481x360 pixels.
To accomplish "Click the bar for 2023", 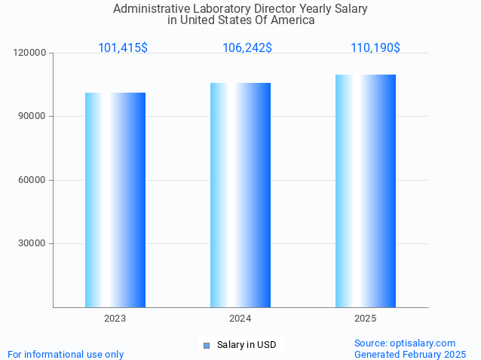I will point(115,200).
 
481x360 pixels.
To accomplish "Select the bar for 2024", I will point(240,195).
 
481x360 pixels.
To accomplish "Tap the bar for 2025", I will point(365,191).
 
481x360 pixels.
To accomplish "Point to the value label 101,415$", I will point(122,48).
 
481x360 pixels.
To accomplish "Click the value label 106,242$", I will point(247,48).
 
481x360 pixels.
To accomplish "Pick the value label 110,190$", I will point(375,48).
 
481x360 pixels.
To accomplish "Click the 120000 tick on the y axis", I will point(30,53).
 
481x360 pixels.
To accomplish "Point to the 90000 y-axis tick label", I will point(32,117).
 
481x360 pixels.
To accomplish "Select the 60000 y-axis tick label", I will point(32,180).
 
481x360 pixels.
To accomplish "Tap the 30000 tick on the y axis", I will point(32,243).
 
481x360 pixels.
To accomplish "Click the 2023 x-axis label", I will point(115,319).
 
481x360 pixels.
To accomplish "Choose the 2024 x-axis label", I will point(240,319).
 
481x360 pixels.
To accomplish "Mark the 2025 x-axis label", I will point(365,319).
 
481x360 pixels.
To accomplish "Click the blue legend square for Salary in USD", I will point(206,346).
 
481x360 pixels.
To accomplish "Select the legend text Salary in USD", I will point(247,345).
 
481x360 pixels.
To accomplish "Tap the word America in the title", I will point(293,20).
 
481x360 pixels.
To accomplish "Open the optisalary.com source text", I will point(405,343).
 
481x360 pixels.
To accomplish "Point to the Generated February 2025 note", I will point(410,354).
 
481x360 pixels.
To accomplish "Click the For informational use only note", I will point(66,354).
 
